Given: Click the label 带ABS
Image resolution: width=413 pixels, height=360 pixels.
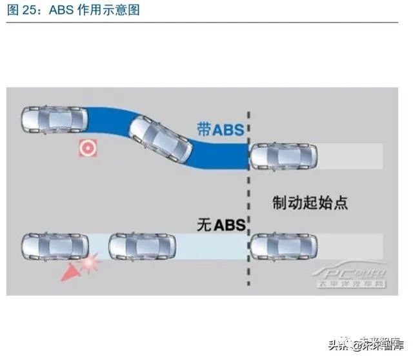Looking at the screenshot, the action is point(221,129).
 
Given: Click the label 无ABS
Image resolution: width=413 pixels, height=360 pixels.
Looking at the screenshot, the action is point(221,225).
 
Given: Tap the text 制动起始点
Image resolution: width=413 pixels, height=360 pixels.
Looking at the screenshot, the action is point(310,203).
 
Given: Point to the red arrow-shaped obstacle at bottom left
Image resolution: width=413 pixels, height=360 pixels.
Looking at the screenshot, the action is point(69,274).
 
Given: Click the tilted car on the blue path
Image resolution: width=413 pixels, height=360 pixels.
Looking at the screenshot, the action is point(161,139).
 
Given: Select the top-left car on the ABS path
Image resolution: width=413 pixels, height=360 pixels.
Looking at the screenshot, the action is point(54,120).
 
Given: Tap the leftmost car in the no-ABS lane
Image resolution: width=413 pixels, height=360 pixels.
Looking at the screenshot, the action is point(54,246).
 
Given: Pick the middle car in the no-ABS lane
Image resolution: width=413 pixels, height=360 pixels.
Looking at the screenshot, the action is point(143,246).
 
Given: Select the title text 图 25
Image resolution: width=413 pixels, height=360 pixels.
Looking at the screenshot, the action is point(22,10).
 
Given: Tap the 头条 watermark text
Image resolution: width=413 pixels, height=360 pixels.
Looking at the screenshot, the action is point(323,344).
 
